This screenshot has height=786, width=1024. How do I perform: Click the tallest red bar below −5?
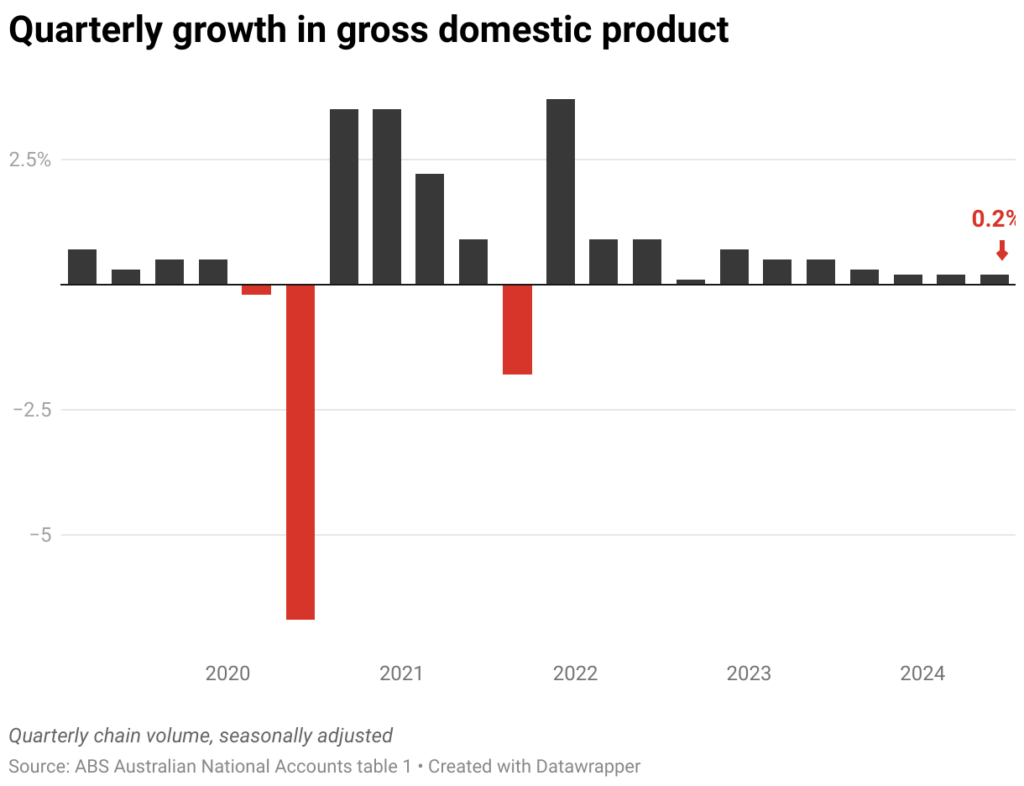click(300, 452)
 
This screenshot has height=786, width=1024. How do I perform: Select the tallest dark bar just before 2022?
click(560, 192)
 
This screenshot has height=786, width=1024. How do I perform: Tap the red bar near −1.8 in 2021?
click(517, 329)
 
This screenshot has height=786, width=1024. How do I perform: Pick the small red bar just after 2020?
click(257, 289)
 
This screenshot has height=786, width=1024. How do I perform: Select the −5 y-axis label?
click(39, 535)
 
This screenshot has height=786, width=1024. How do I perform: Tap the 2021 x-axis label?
click(401, 673)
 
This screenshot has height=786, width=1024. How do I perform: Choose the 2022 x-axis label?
click(575, 673)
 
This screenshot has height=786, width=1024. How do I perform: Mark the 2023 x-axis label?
click(749, 673)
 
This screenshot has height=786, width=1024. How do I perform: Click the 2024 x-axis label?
click(922, 673)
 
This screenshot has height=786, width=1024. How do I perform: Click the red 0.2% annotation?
click(994, 219)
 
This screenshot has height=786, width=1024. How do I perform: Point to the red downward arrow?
click(1002, 250)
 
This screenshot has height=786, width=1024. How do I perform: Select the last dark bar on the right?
click(994, 279)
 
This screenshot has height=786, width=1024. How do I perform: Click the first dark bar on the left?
click(82, 267)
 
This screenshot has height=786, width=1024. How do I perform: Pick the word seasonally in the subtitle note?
click(265, 736)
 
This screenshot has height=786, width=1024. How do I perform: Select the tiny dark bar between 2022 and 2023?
click(690, 282)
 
